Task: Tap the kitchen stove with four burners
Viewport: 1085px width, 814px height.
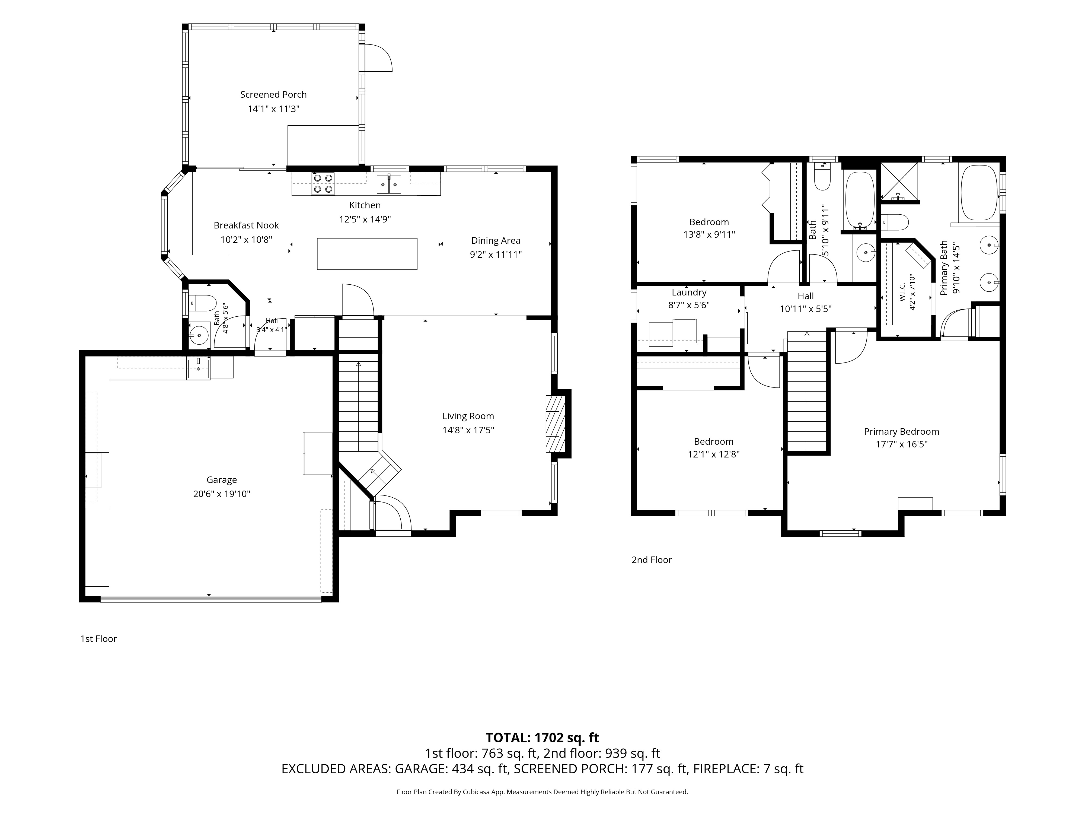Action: click(x=323, y=183)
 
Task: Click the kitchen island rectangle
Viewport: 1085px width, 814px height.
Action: click(x=367, y=254)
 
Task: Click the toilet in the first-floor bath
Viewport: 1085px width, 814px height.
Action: click(x=203, y=303)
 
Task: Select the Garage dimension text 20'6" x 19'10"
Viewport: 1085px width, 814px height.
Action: click(x=222, y=494)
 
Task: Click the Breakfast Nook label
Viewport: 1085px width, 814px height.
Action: click(x=246, y=225)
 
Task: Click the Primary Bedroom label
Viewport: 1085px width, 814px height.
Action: click(x=902, y=431)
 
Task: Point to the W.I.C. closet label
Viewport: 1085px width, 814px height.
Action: click(x=902, y=292)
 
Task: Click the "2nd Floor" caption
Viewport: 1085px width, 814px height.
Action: click(x=651, y=560)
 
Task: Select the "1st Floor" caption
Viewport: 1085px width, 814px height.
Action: click(x=98, y=639)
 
